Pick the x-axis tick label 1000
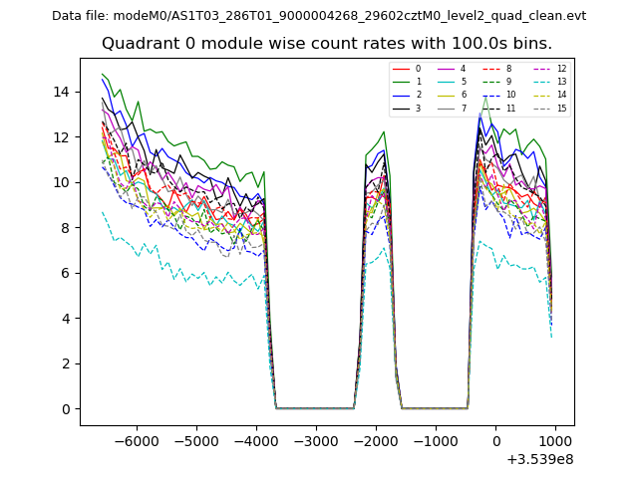555,440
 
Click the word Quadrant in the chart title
135,44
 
